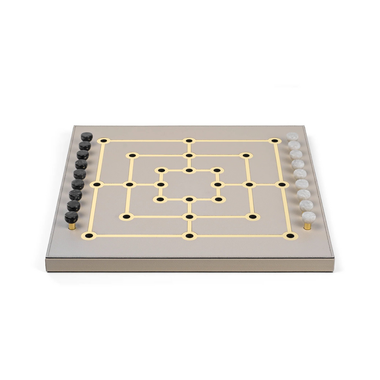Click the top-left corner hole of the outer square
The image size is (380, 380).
pyautogui.click(x=104, y=141)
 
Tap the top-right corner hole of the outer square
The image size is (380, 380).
pyautogui.click(x=275, y=141)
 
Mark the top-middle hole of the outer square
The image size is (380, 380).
pyautogui.click(x=189, y=141)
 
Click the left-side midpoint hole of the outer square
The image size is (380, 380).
pyautogui.click(x=97, y=184)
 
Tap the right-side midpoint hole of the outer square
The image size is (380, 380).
pyautogui.click(x=282, y=184)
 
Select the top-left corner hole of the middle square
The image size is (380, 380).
pyautogui.click(x=132, y=155)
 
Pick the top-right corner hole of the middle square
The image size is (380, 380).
pyautogui.click(x=246, y=155)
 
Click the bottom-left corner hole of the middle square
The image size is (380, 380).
pyautogui.click(x=126, y=217)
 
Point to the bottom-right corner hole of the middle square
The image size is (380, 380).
pyautogui.click(x=252, y=217)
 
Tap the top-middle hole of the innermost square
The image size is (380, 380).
pyautogui.click(x=189, y=170)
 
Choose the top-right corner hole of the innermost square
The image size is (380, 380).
pyautogui.click(x=217, y=170)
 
